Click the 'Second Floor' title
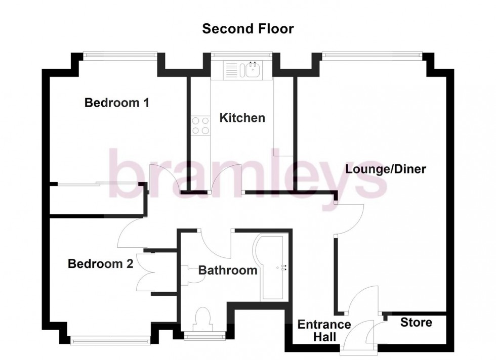tap(247, 29)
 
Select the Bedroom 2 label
tap(101, 263)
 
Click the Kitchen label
tap(242, 118)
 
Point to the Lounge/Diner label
tap(386, 169)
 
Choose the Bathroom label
tap(227, 271)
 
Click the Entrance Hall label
tap(324, 330)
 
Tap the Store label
tap(417, 322)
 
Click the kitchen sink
tap(242, 70)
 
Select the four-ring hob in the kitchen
tap(200, 125)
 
